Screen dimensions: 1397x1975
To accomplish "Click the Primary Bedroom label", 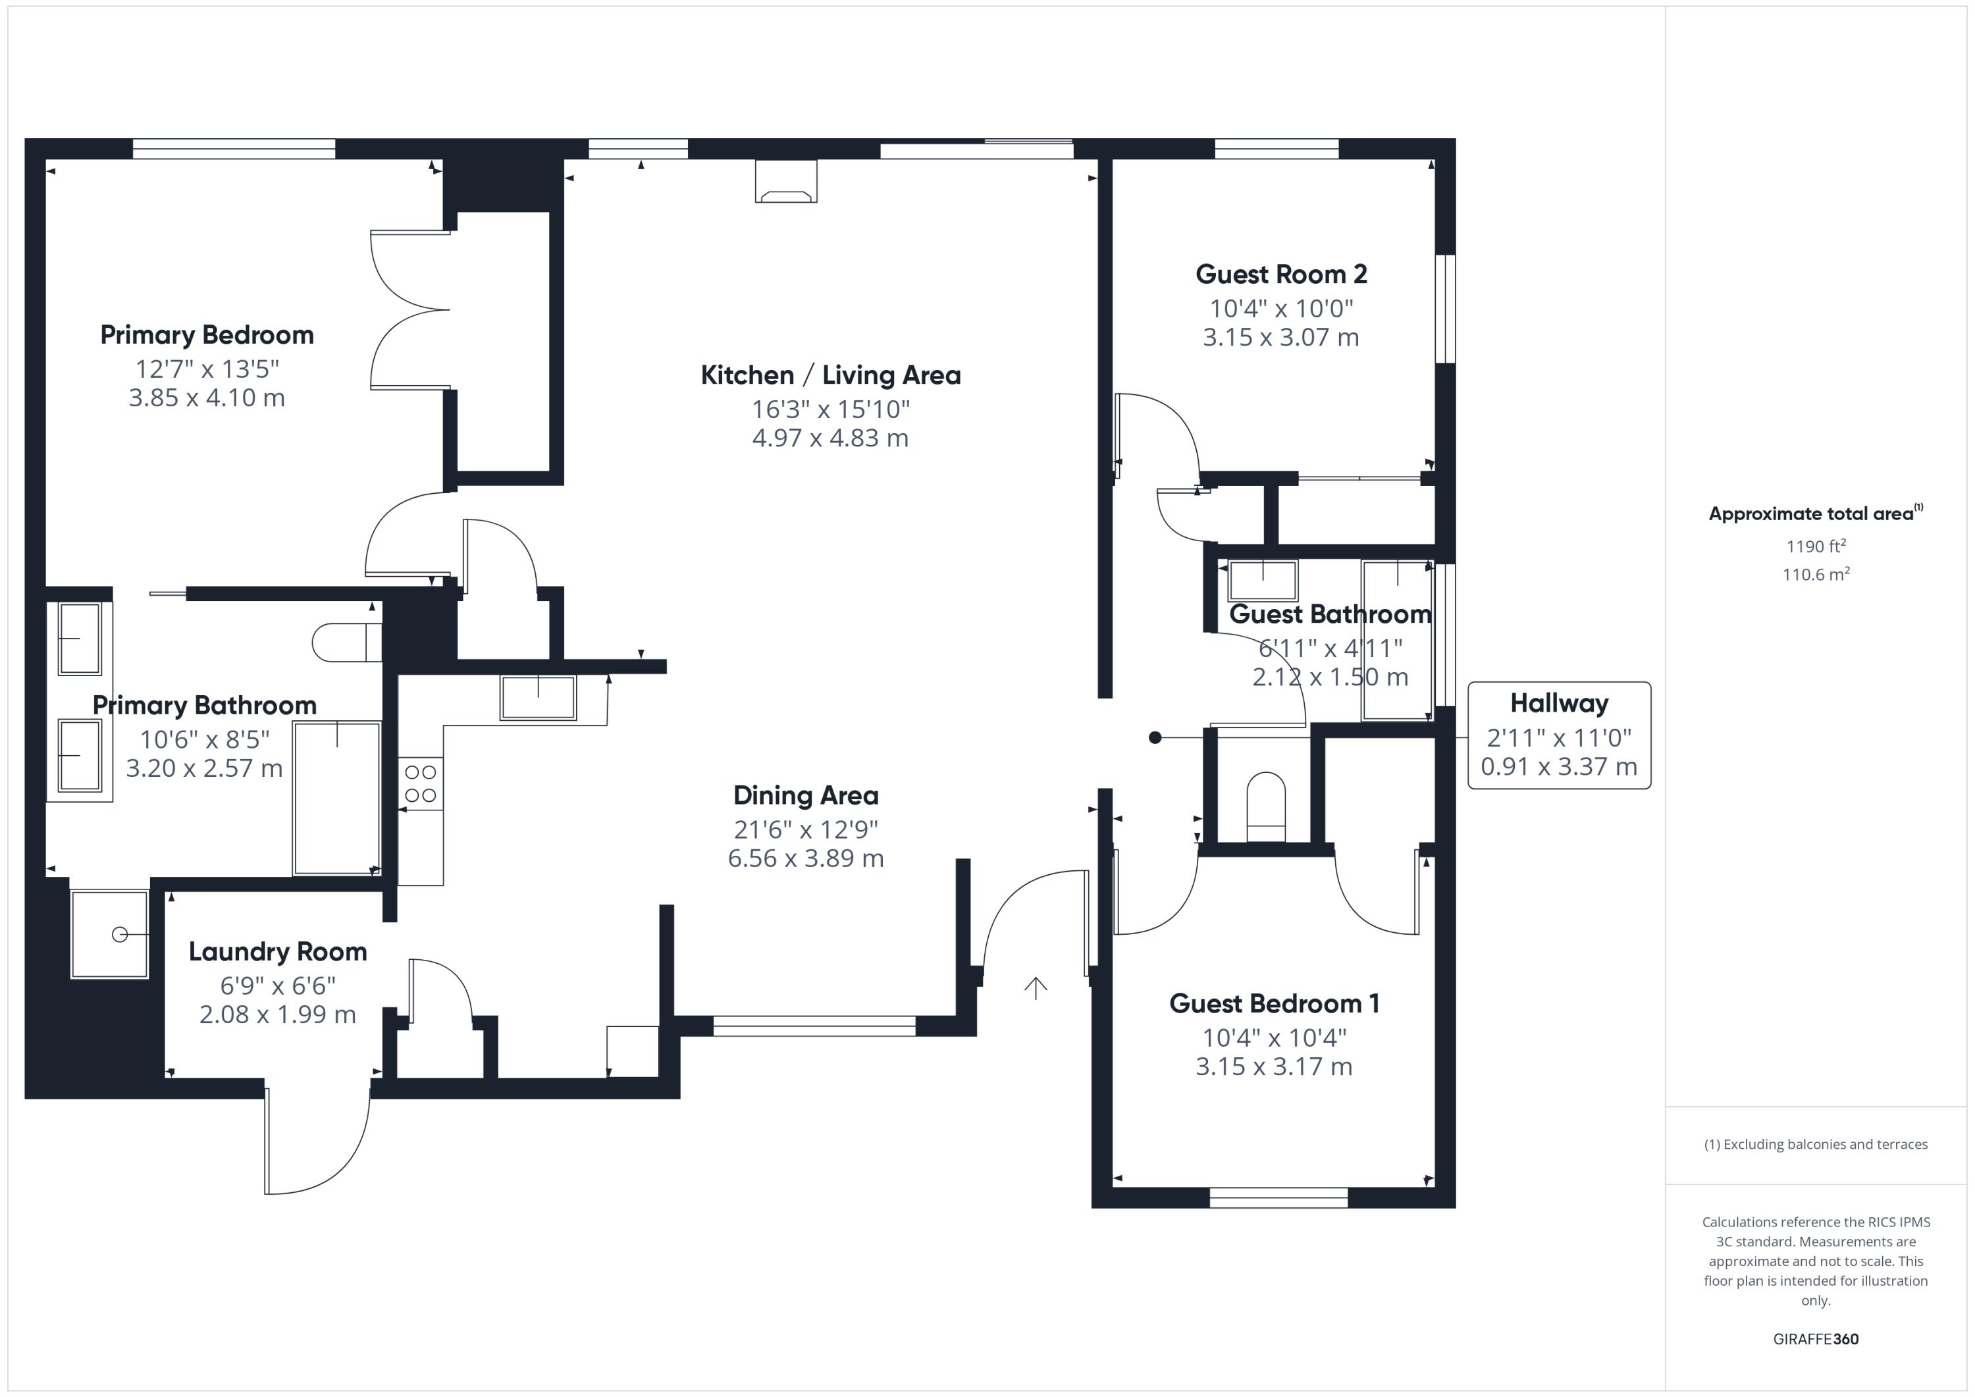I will tap(207, 334).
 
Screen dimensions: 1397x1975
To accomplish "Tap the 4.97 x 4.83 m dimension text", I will tap(830, 438).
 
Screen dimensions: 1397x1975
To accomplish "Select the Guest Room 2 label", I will tap(1281, 275).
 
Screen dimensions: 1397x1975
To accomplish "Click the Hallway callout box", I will tap(1559, 735).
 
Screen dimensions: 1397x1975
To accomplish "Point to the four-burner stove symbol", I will tap(421, 783).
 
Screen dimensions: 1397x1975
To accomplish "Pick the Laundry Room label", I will tap(278, 951).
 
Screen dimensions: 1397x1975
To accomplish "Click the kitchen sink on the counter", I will tap(539, 697).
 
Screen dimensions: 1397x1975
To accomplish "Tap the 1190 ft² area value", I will tap(1816, 546).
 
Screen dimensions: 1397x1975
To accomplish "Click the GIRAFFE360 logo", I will tap(1815, 1338).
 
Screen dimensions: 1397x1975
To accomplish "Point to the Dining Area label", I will tap(805, 796).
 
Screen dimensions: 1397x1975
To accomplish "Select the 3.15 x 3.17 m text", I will tap(1273, 1067).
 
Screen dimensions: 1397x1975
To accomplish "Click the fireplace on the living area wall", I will tap(785, 182).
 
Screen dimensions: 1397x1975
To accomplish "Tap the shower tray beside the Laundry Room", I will tap(110, 934).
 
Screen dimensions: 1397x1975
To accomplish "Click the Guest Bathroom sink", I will tap(1262, 580).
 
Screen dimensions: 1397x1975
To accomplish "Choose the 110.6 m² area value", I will tap(1816, 575).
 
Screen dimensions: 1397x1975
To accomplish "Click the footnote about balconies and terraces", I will tap(1815, 1144).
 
